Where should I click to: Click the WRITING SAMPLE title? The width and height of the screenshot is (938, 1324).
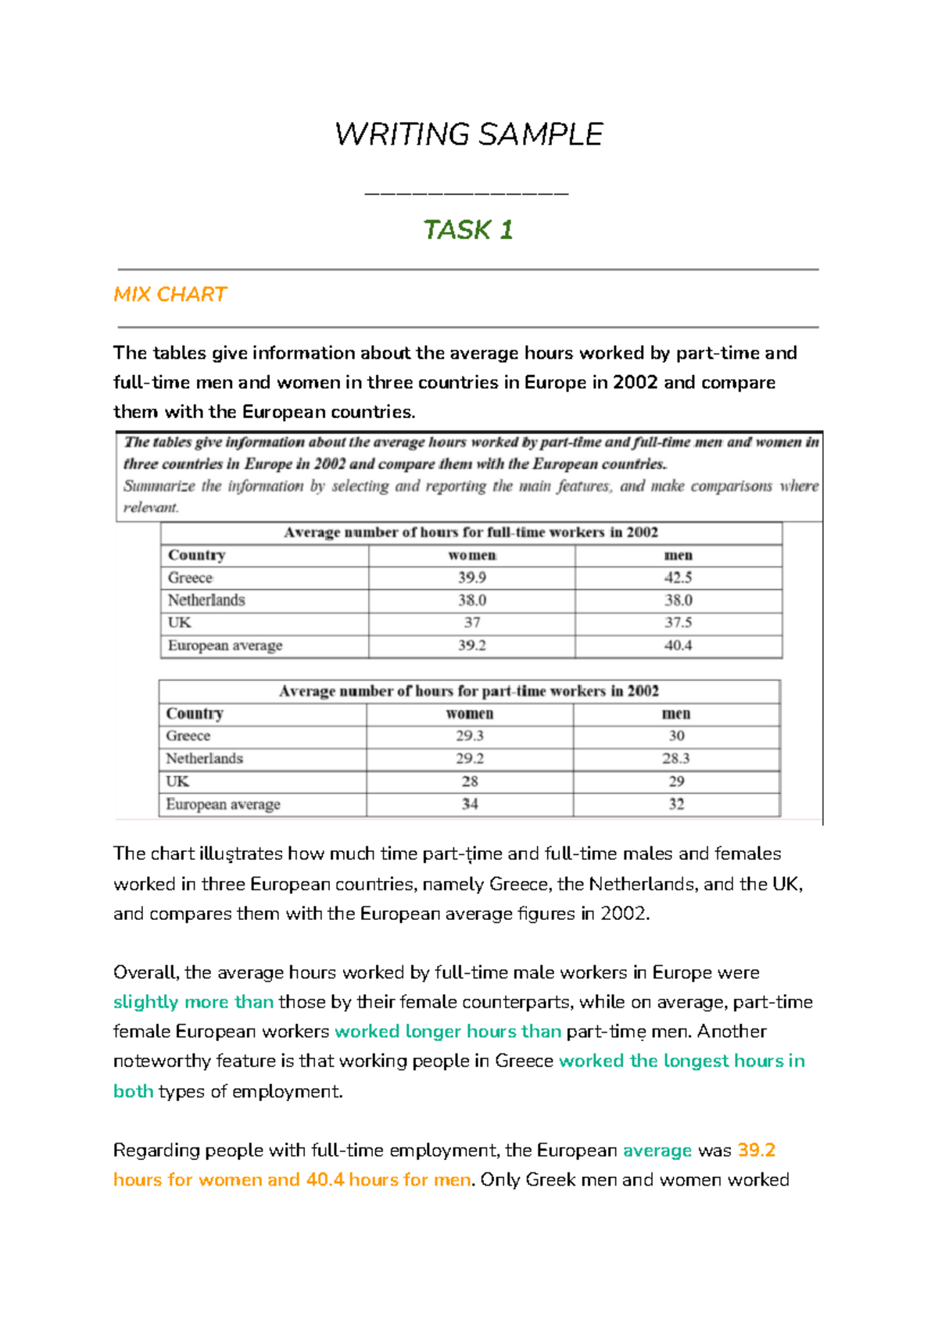[x=468, y=134]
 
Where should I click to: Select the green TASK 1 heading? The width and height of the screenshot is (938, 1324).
[x=467, y=230]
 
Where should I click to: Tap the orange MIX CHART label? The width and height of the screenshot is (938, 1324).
[x=170, y=295]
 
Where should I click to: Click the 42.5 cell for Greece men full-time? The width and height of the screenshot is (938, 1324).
[x=678, y=578]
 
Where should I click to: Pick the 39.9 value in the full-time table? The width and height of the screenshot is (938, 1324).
[x=471, y=578]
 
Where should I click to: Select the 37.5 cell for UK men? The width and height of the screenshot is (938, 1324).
[x=678, y=623]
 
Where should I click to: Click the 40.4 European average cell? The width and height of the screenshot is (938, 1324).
[x=678, y=646]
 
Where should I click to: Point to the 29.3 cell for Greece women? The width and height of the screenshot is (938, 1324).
[x=470, y=735]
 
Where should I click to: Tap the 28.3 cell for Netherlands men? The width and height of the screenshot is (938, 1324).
[x=676, y=758]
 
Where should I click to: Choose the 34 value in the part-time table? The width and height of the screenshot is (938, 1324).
[x=470, y=803]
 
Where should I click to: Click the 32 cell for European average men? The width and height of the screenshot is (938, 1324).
[x=676, y=803]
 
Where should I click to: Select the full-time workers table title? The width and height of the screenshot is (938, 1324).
[x=471, y=532]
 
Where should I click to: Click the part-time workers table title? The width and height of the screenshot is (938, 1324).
[x=469, y=691]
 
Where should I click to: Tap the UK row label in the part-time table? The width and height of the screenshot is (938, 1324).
[x=177, y=781]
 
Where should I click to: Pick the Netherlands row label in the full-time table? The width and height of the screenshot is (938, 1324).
[x=206, y=600]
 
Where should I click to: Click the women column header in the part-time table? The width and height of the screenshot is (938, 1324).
[x=470, y=714]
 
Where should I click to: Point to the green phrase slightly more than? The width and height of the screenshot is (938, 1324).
[x=193, y=1002]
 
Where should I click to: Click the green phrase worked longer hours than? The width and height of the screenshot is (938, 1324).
[x=448, y=1032]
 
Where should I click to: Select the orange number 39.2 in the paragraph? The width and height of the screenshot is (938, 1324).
[x=756, y=1150]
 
